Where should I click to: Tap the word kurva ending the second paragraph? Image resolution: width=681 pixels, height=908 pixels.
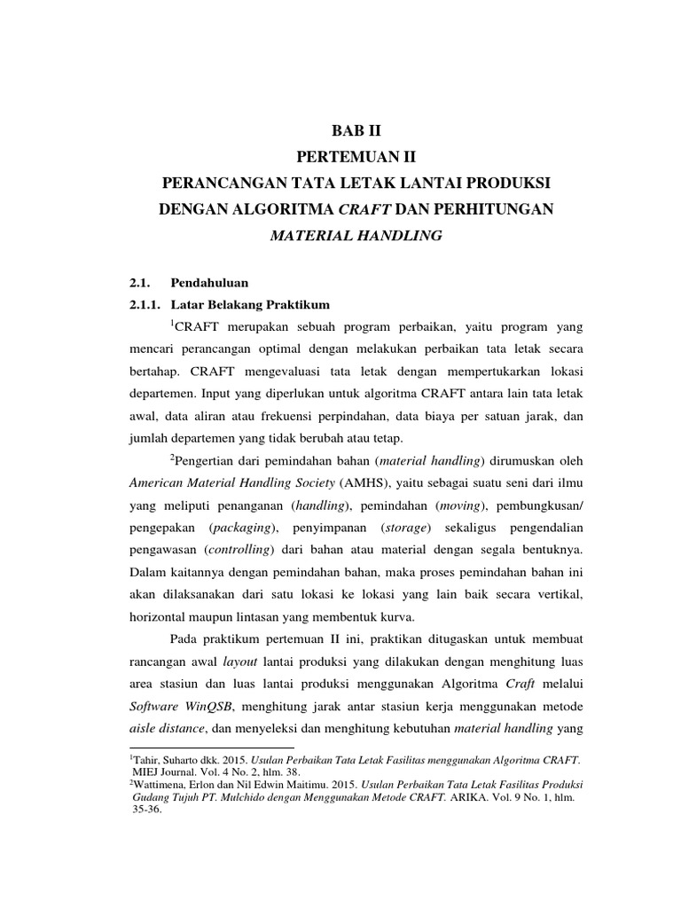[411, 618]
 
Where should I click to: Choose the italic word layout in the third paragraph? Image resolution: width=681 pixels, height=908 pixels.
[240, 663]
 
